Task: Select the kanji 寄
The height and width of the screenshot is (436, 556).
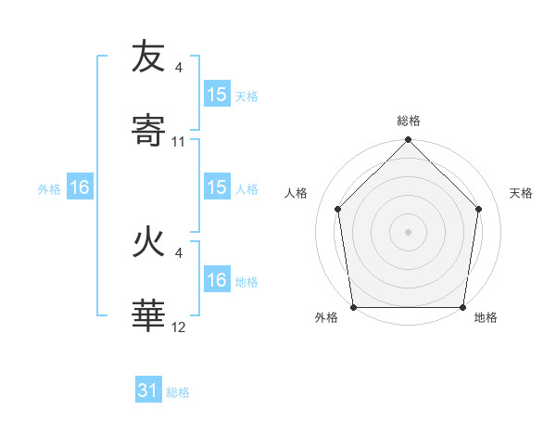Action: click(x=148, y=132)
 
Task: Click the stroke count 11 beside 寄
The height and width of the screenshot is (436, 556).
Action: click(x=179, y=142)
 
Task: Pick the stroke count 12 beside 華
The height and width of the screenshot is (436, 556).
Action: click(x=179, y=328)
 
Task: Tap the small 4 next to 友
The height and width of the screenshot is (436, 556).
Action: click(x=179, y=67)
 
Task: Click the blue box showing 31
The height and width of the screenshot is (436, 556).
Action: click(x=148, y=391)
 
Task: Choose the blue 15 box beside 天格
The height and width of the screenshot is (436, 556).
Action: click(x=216, y=95)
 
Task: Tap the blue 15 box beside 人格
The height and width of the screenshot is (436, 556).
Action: click(x=216, y=187)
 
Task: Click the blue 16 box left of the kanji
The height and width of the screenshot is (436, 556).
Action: click(x=80, y=187)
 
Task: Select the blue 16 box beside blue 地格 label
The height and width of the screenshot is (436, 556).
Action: click(x=216, y=280)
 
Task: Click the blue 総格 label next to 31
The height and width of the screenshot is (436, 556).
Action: click(x=178, y=392)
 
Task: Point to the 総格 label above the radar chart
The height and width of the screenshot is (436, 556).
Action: click(x=409, y=121)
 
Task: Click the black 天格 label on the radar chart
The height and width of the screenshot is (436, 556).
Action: click(x=522, y=193)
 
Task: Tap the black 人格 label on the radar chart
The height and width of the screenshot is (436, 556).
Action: click(x=297, y=193)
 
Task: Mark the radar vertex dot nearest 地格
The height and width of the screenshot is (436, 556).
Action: click(x=462, y=307)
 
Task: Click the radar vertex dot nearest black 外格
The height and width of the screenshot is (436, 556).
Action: click(x=354, y=307)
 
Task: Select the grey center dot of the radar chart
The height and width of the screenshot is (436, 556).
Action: click(x=409, y=232)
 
